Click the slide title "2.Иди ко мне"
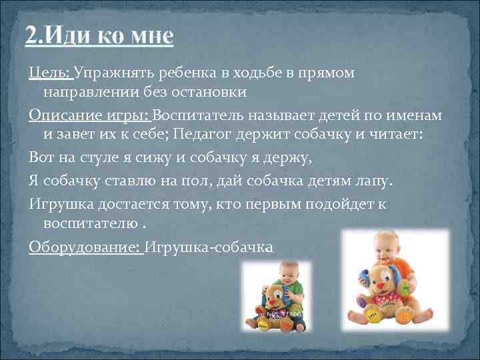(x=99, y=35)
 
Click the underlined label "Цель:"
(x=51, y=73)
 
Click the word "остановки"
(x=215, y=91)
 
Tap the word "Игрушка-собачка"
(x=209, y=247)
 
